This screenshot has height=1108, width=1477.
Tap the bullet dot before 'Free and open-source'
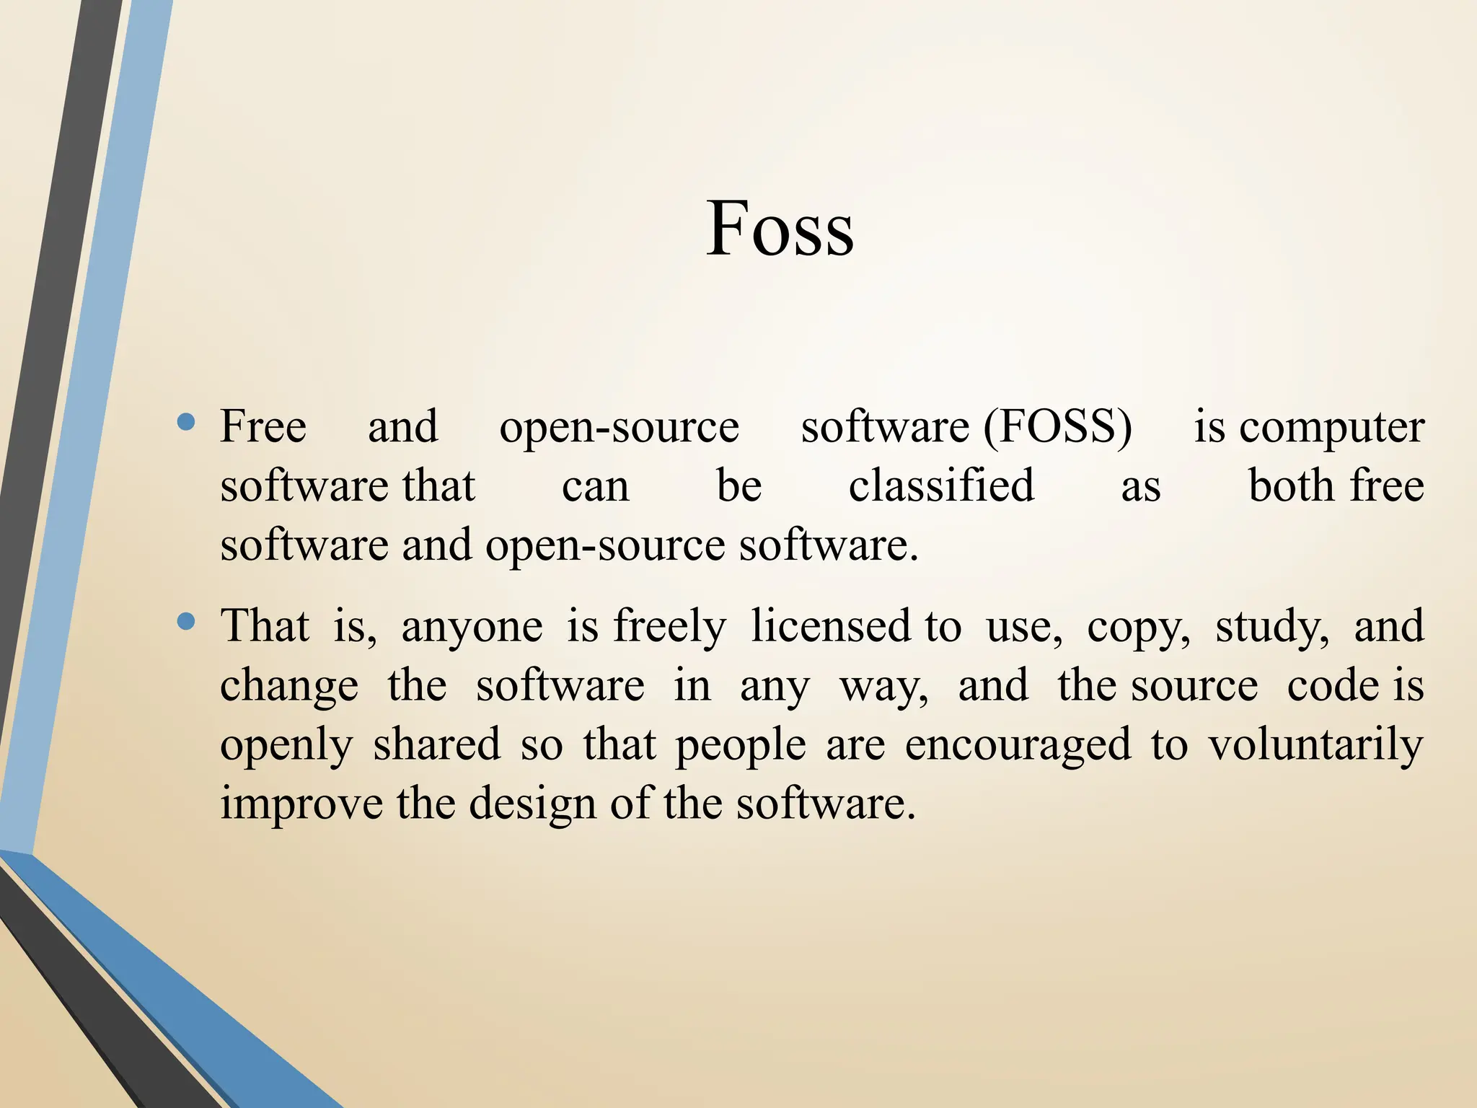186,423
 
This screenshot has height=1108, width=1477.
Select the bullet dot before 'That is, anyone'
186,621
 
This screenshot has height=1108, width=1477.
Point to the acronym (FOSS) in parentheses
1058,427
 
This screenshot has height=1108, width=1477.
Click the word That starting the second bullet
265,625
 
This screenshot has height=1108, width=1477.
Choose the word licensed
831,625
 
